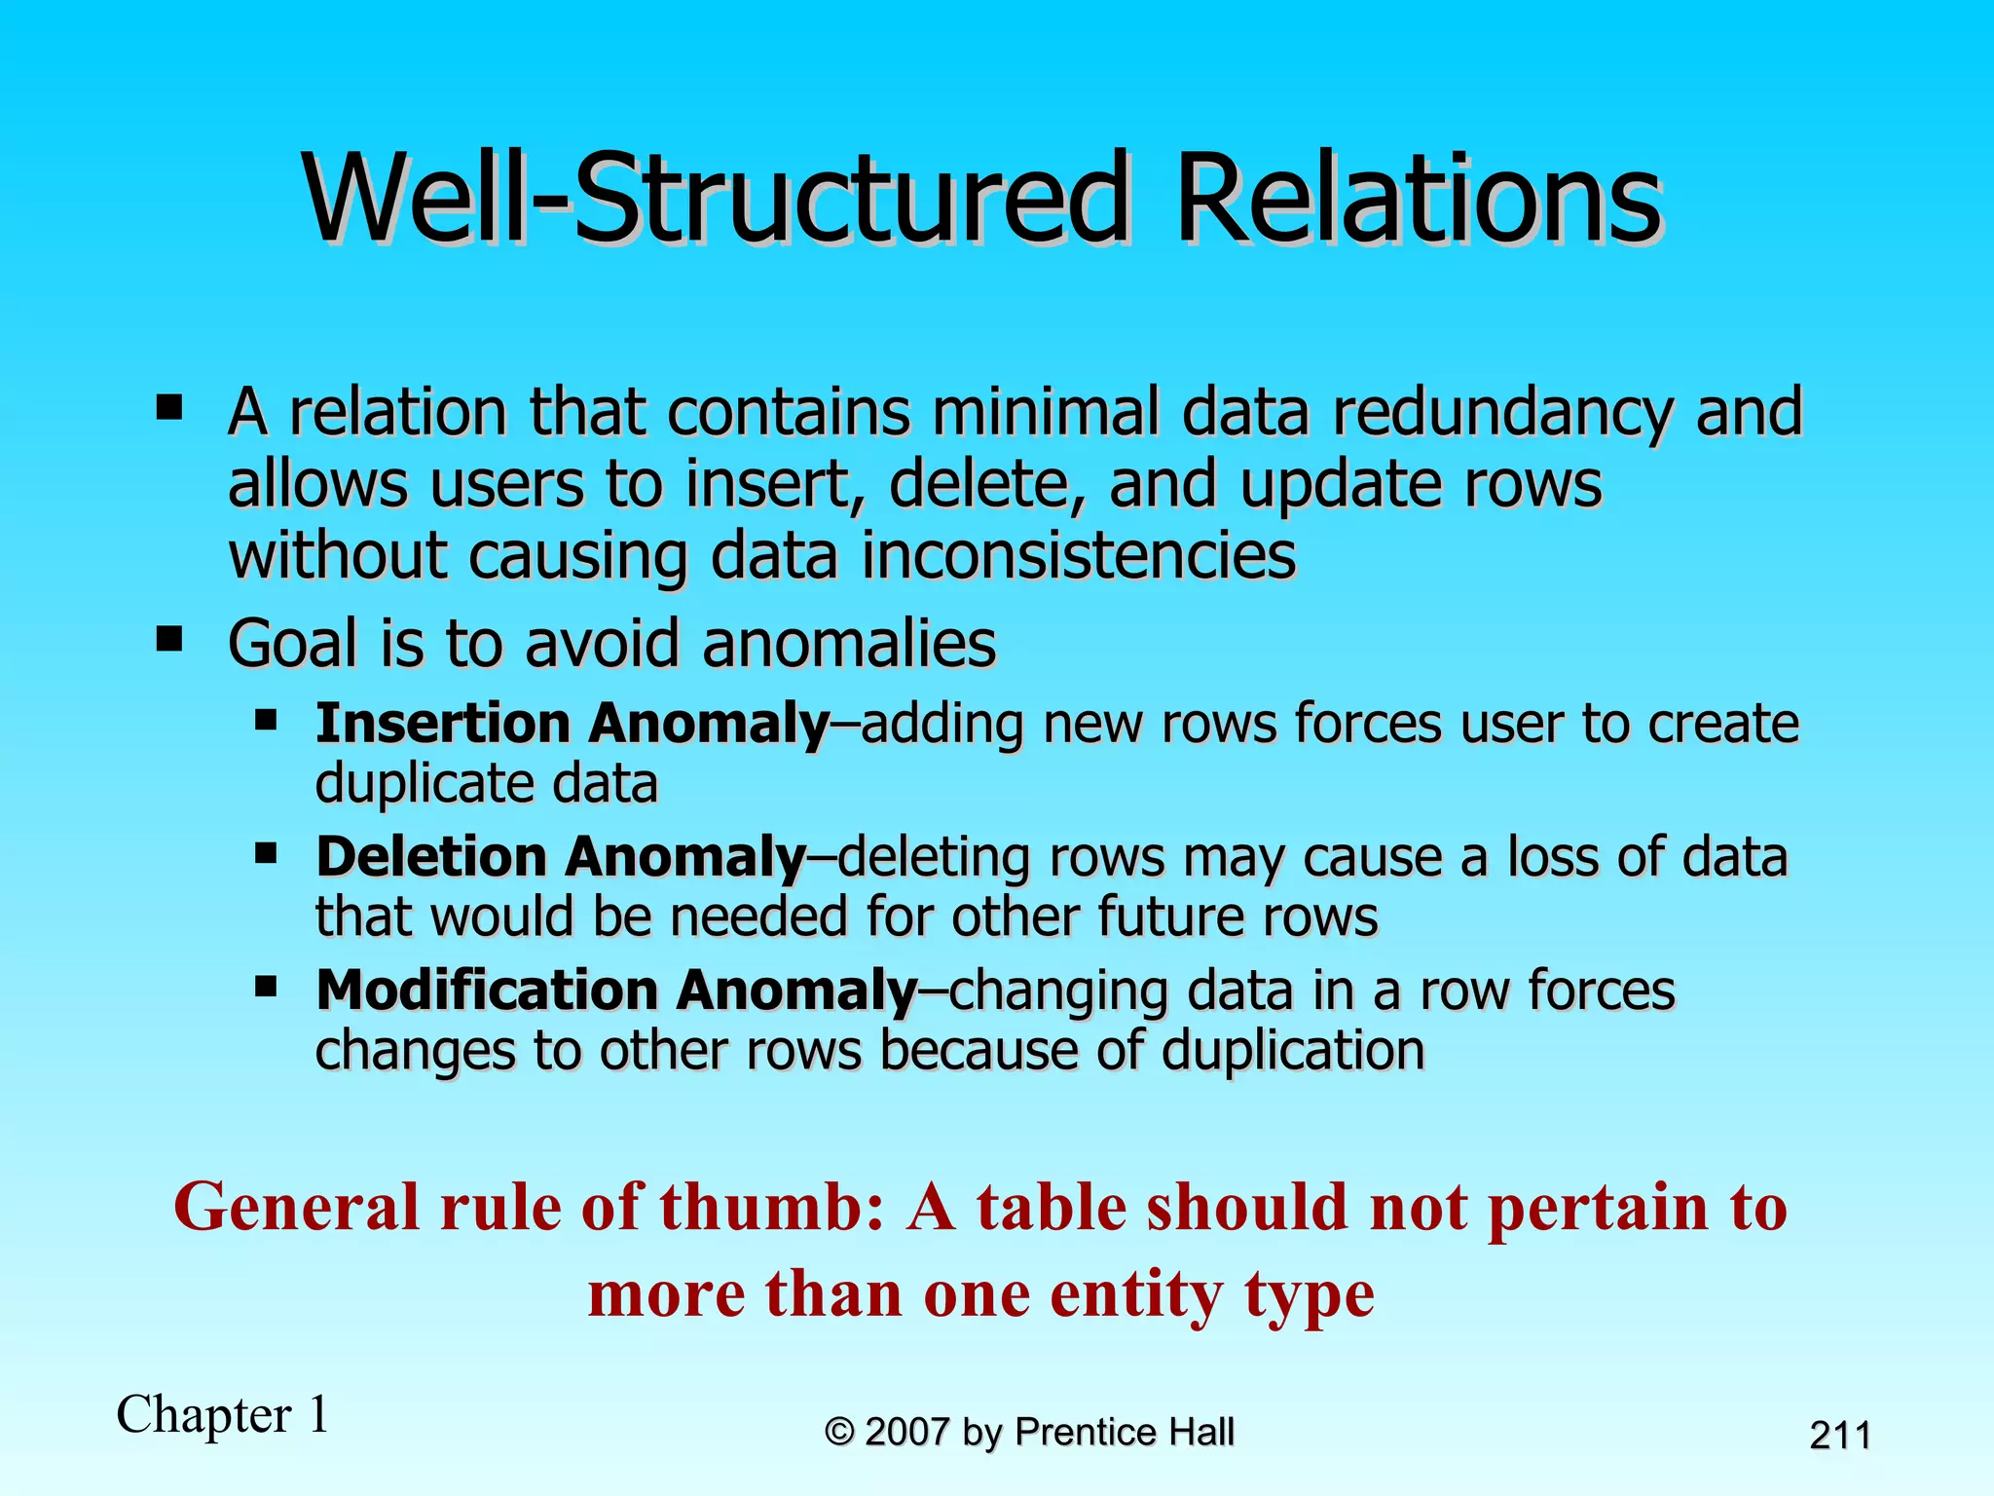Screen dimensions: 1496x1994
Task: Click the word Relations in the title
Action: click(1418, 200)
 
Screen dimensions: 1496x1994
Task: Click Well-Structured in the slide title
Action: click(716, 200)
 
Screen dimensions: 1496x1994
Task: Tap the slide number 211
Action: click(1839, 1436)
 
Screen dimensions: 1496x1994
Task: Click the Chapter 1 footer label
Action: click(223, 1414)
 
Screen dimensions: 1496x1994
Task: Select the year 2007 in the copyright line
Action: click(906, 1433)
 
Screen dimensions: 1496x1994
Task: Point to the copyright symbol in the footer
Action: click(839, 1433)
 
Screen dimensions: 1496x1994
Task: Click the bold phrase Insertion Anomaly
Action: click(572, 724)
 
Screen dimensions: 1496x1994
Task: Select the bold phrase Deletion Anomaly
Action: click(561, 857)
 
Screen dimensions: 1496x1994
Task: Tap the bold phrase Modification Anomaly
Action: click(616, 991)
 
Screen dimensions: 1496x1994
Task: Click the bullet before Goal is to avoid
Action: click(169, 641)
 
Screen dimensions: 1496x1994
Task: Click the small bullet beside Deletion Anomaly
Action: click(266, 854)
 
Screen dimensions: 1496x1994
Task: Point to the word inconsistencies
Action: click(1079, 556)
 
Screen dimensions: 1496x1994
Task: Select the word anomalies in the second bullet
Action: click(849, 644)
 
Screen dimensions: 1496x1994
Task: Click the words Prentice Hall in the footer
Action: click(1124, 1433)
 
